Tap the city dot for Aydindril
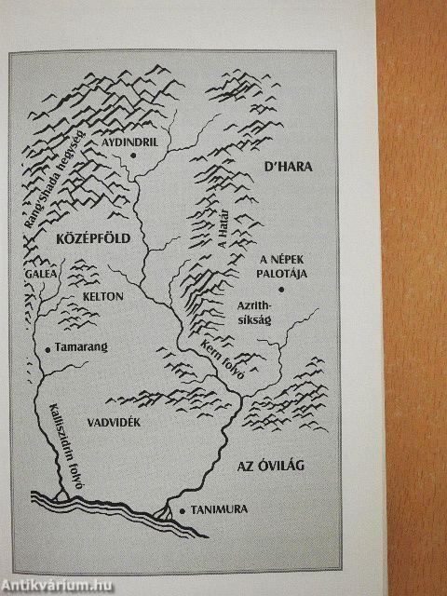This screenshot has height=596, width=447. [134, 155]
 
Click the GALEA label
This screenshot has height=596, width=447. [42, 275]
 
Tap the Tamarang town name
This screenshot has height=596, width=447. [82, 346]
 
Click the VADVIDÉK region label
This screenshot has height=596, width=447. [114, 421]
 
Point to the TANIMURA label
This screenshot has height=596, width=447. [224, 510]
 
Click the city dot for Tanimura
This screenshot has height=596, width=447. [183, 510]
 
